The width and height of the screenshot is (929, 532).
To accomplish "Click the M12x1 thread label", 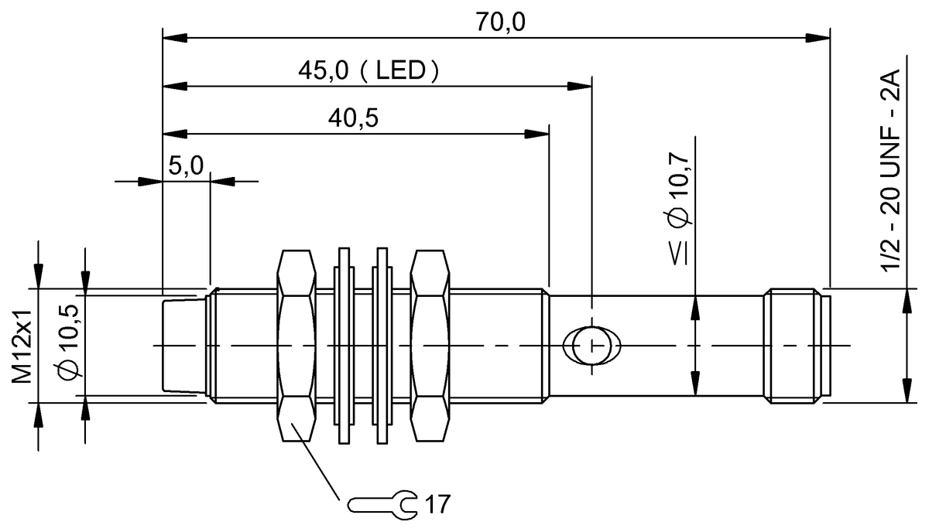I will point(22,345).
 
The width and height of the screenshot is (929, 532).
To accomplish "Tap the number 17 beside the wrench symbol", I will point(437,505).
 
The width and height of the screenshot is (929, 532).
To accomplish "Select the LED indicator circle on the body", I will point(592,345).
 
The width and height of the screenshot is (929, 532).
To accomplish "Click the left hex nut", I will point(297,345).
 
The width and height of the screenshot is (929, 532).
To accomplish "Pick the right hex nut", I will point(430,345).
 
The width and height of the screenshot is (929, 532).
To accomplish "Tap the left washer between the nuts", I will point(344,345).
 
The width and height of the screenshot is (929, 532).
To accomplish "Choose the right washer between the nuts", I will point(381,345).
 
